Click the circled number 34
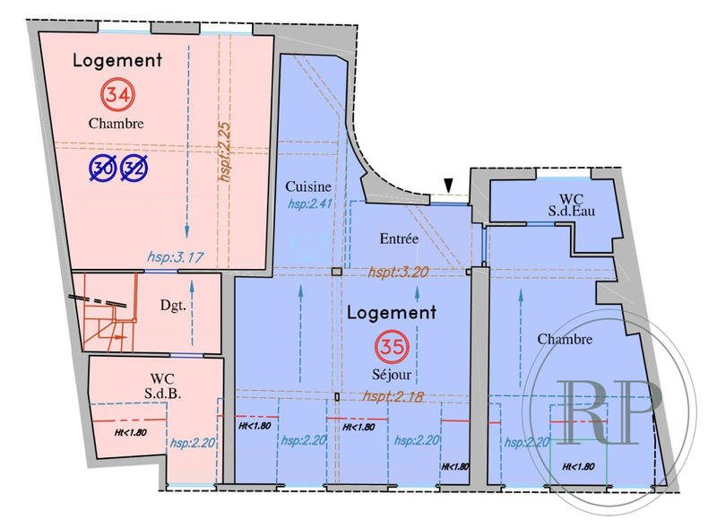point(115,93)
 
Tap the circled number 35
point(391,344)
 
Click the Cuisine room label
point(308,186)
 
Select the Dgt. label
point(174,305)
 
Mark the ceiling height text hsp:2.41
point(309,204)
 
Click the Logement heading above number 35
point(391,313)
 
